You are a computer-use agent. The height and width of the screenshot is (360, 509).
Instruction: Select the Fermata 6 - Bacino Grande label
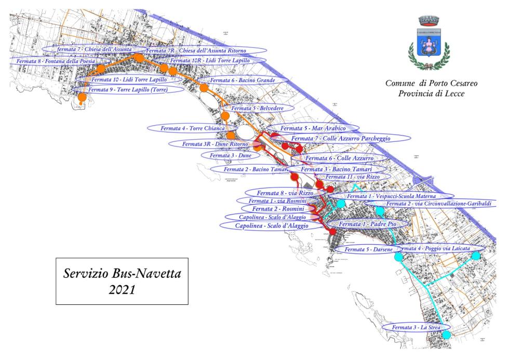click(242, 81)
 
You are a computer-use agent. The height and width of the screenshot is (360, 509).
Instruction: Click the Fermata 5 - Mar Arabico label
click(312, 128)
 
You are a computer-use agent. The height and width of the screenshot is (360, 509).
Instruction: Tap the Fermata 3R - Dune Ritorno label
click(213, 144)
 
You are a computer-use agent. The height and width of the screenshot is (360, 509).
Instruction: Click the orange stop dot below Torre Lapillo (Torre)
click(82, 98)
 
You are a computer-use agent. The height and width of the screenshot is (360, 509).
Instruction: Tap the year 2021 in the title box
click(122, 290)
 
